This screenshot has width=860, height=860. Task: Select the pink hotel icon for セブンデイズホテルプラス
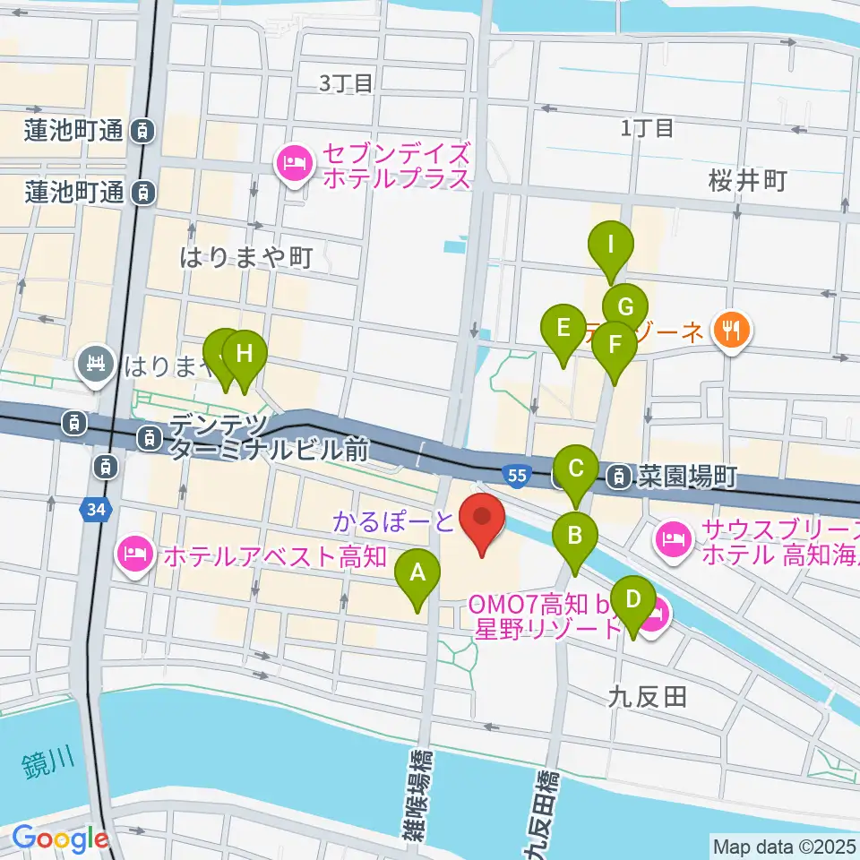pyautogui.click(x=293, y=163)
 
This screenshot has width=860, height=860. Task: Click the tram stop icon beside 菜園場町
pyautogui.click(x=618, y=477)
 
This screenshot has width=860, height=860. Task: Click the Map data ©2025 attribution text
pyautogui.click(x=784, y=845)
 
